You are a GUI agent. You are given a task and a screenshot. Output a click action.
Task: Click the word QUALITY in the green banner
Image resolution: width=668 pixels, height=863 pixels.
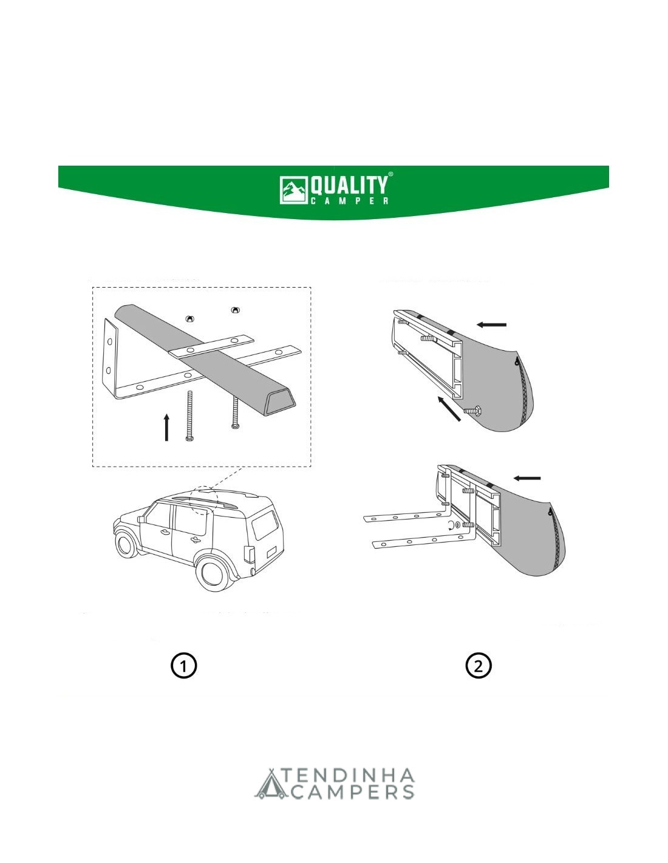(x=348, y=186)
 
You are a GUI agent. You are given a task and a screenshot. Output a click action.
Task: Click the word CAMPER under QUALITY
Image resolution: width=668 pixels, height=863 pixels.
(x=349, y=200)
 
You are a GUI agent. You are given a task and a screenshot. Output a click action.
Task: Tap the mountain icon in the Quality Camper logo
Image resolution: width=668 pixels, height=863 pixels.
(x=294, y=190)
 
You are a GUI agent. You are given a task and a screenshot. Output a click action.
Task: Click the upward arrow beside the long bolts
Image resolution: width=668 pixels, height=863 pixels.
(x=167, y=427)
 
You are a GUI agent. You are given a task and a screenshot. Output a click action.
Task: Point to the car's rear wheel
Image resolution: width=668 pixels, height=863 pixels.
(x=215, y=574)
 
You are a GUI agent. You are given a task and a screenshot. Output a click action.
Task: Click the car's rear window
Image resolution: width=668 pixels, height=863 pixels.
(x=265, y=524)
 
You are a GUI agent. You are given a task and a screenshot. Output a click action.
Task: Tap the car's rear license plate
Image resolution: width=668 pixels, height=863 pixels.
(x=272, y=551)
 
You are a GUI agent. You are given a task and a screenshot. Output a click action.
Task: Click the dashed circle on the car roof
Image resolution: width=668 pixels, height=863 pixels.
(x=204, y=501)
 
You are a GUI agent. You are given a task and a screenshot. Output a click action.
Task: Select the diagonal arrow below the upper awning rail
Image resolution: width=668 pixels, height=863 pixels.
(x=449, y=408)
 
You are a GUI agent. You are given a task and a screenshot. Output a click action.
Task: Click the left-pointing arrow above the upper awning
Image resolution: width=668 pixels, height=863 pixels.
(x=491, y=325)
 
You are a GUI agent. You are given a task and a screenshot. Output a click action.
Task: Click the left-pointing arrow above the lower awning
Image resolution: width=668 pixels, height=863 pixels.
(x=527, y=478)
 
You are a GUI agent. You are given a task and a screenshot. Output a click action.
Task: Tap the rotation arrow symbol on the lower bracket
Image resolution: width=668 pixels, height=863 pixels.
(x=450, y=526)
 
